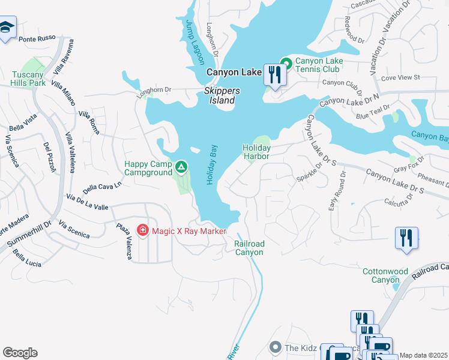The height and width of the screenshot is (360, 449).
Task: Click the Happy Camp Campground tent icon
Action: [x=181, y=165]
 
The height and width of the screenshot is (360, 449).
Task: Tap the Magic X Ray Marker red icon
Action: [x=142, y=230]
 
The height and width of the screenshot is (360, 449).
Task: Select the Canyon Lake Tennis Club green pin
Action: [x=286, y=62]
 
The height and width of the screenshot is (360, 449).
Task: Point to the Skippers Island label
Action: [x=221, y=95]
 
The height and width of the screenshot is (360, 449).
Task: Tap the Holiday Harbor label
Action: [x=256, y=151]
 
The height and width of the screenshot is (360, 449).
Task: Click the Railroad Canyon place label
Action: [x=249, y=248]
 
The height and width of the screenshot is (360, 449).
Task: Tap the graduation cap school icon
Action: [x=7, y=28]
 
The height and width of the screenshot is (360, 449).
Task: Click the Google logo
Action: [x=20, y=353]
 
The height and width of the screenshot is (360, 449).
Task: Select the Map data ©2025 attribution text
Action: [x=424, y=355]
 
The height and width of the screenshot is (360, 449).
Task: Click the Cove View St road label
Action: [x=400, y=77]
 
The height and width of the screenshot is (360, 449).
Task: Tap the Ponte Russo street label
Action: [x=37, y=39]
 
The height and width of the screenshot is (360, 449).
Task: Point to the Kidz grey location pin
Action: [x=276, y=347]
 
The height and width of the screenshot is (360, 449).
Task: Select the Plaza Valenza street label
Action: [x=124, y=241]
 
